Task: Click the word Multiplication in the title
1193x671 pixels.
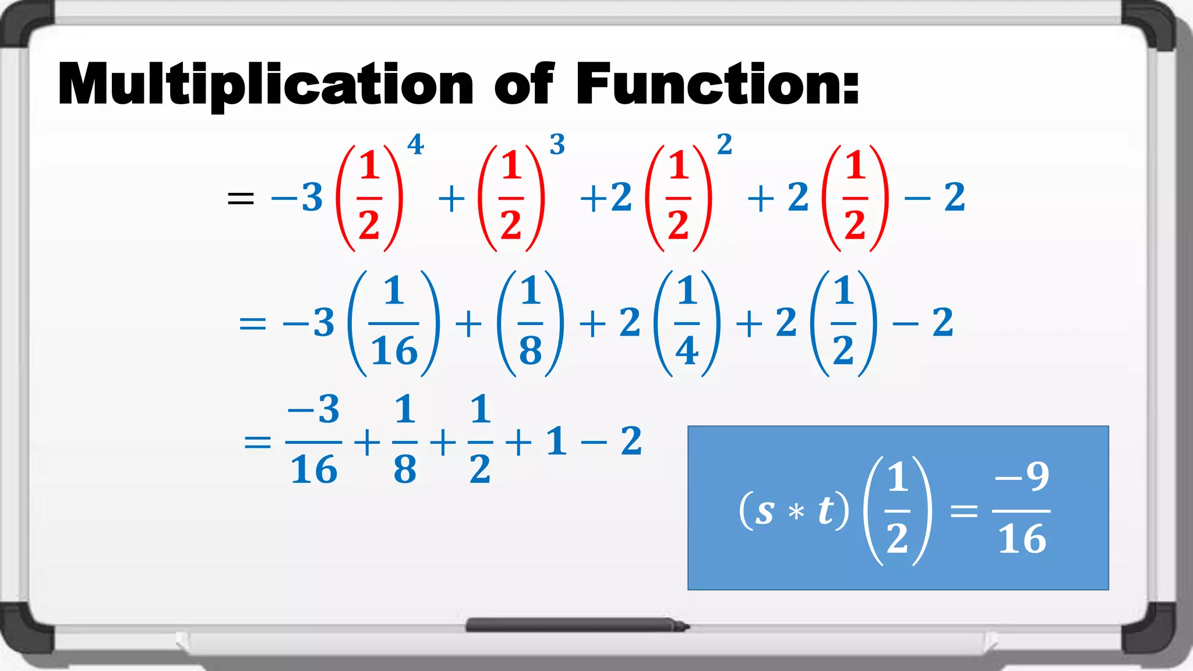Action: coord(265,84)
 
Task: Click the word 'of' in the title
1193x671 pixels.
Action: coord(524,84)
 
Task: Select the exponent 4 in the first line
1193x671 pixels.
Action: coord(415,144)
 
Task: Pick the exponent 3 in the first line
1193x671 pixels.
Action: coord(557,144)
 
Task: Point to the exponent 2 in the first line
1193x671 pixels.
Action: coord(724,144)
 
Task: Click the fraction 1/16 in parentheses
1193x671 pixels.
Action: coord(394,323)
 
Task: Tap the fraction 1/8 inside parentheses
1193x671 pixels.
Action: coord(531,323)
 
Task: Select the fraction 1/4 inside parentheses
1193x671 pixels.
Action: coord(687,323)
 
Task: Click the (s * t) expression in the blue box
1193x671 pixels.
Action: coord(794,511)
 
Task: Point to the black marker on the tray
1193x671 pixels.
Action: coord(577,626)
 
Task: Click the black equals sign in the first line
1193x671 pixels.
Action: coord(241,199)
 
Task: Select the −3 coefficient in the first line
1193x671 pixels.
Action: coord(297,197)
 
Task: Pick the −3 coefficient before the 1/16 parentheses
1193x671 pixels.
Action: coord(309,323)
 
